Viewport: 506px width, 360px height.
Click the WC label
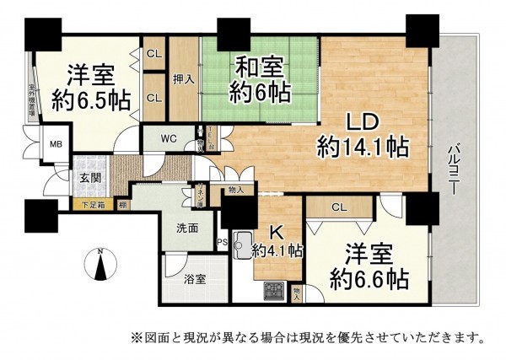(168, 137)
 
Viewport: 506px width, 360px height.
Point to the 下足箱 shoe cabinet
(94, 204)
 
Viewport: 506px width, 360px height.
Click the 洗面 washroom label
(187, 228)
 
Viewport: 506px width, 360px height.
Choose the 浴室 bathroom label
(195, 280)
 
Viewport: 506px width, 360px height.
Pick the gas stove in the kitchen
(274, 291)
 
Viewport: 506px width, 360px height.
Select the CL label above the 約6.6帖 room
(337, 207)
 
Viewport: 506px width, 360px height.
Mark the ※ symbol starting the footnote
(135, 338)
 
